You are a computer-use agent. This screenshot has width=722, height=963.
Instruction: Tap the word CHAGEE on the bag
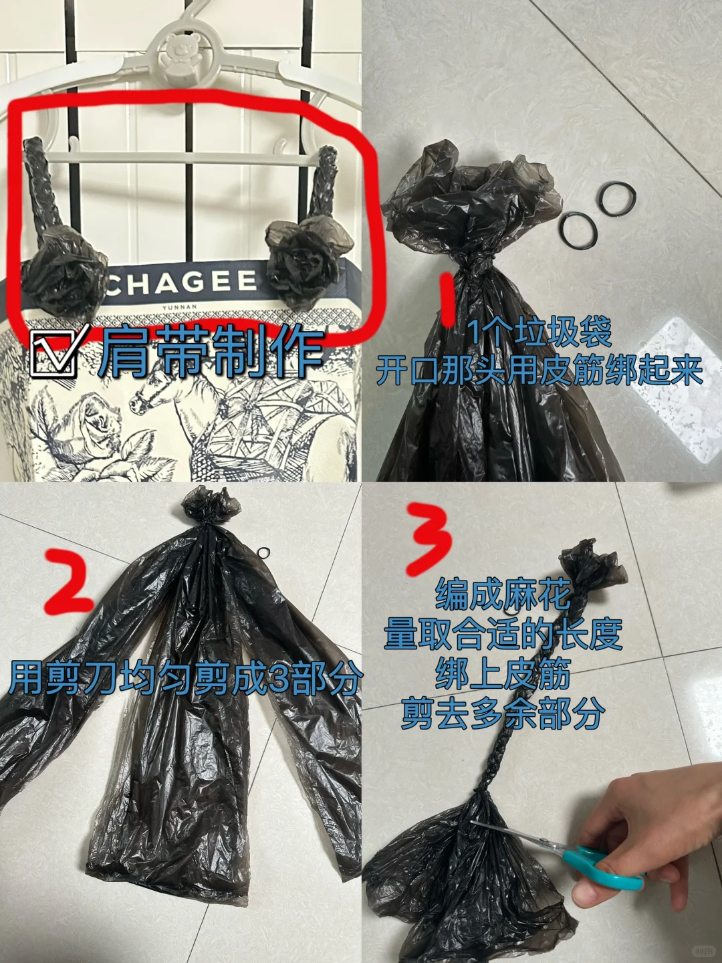point(182,283)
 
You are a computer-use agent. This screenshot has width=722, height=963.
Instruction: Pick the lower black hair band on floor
point(577,230)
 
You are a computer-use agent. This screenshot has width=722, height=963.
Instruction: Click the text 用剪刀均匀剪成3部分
point(185,679)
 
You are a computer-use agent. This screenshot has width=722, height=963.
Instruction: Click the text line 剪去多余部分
point(503,714)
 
